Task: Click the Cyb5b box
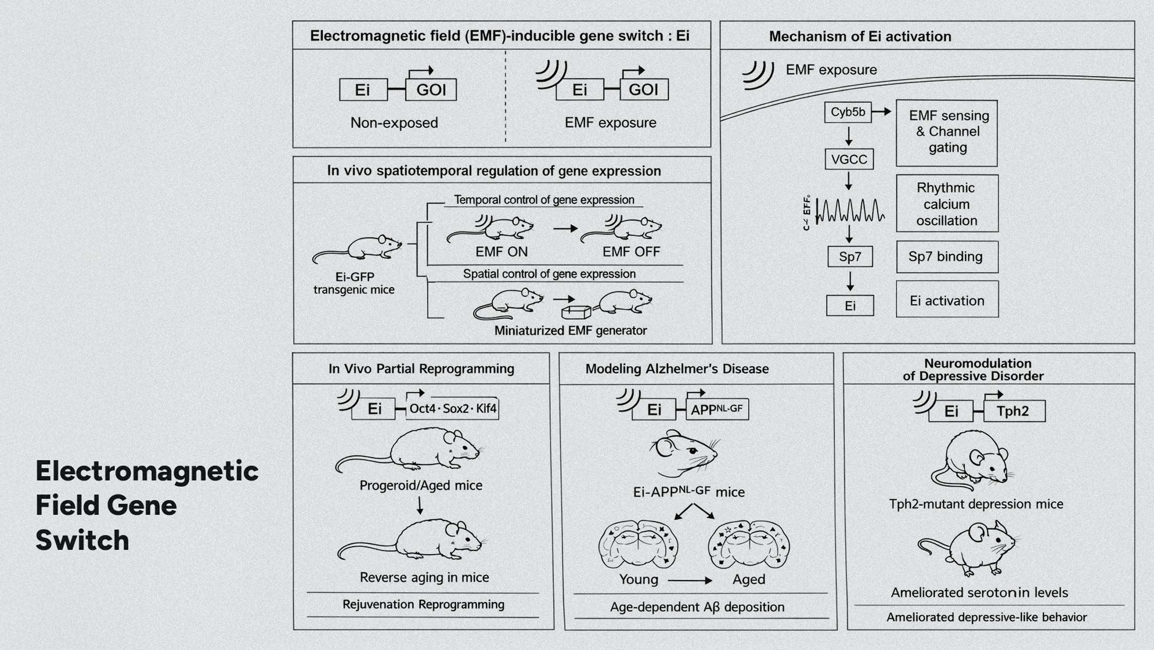pyautogui.click(x=848, y=112)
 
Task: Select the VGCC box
pyautogui.click(x=849, y=159)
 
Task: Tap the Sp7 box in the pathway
pyautogui.click(x=850, y=257)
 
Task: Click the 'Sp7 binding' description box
pyautogui.click(x=947, y=257)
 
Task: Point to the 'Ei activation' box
pyautogui.click(x=947, y=300)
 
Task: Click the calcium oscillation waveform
pyautogui.click(x=850, y=211)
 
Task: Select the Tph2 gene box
pyautogui.click(x=1013, y=411)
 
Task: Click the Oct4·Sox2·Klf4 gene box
pyautogui.click(x=452, y=408)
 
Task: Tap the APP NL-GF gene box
pyautogui.click(x=717, y=410)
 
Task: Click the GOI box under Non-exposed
pyautogui.click(x=431, y=90)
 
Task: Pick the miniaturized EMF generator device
pyautogui.click(x=575, y=312)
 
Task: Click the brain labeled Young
pyautogui.click(x=638, y=545)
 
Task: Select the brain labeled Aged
pyautogui.click(x=749, y=545)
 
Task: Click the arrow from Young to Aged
pyautogui.click(x=690, y=580)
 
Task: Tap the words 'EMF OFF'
pyautogui.click(x=631, y=252)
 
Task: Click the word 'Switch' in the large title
pyautogui.click(x=82, y=540)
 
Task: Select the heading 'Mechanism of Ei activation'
pyautogui.click(x=860, y=36)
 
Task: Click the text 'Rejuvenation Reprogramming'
pyautogui.click(x=423, y=604)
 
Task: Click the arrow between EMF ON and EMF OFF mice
pyautogui.click(x=565, y=228)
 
